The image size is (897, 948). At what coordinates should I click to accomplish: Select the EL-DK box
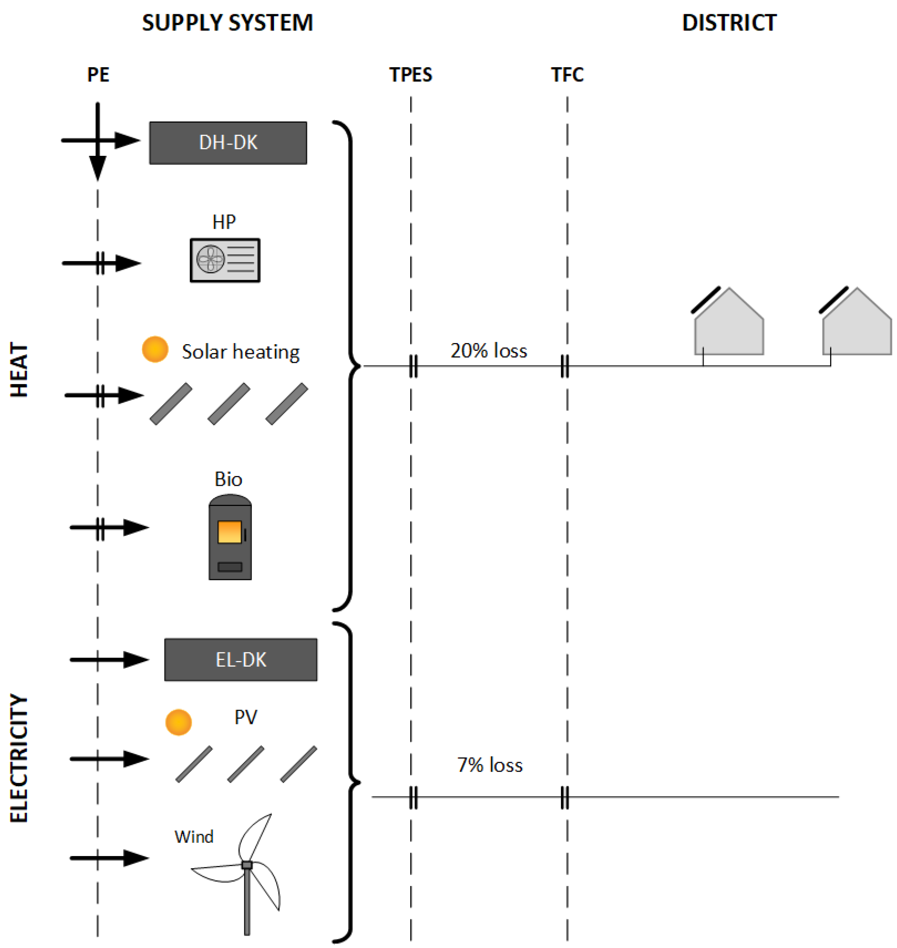[x=240, y=660]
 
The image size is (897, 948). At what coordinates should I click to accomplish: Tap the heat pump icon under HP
[x=225, y=260]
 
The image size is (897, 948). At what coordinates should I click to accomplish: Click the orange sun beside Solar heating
[x=155, y=349]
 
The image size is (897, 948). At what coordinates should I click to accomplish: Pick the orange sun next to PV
[x=178, y=722]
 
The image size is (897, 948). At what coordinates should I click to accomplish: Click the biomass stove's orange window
[x=229, y=532]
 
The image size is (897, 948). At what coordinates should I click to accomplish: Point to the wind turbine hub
[x=247, y=865]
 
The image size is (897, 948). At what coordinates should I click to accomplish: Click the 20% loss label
[x=488, y=351]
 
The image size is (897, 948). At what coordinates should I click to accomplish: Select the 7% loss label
[x=490, y=765]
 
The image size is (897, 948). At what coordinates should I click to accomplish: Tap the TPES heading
[x=410, y=75]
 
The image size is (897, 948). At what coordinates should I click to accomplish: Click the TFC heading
[x=567, y=75]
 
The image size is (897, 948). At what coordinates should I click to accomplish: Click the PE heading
[x=98, y=75]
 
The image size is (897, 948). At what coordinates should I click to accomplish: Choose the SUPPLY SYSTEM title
[x=227, y=23]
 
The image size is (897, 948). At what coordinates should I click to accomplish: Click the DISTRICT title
[x=729, y=23]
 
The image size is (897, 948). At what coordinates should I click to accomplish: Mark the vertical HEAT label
[x=19, y=370]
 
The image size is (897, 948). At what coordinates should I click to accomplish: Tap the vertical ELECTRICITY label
[x=19, y=758]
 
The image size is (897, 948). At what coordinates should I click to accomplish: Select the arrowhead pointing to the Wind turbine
[x=136, y=858]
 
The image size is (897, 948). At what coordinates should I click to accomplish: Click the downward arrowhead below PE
[x=98, y=167]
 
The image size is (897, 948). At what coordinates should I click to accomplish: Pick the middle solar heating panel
[x=229, y=404]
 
